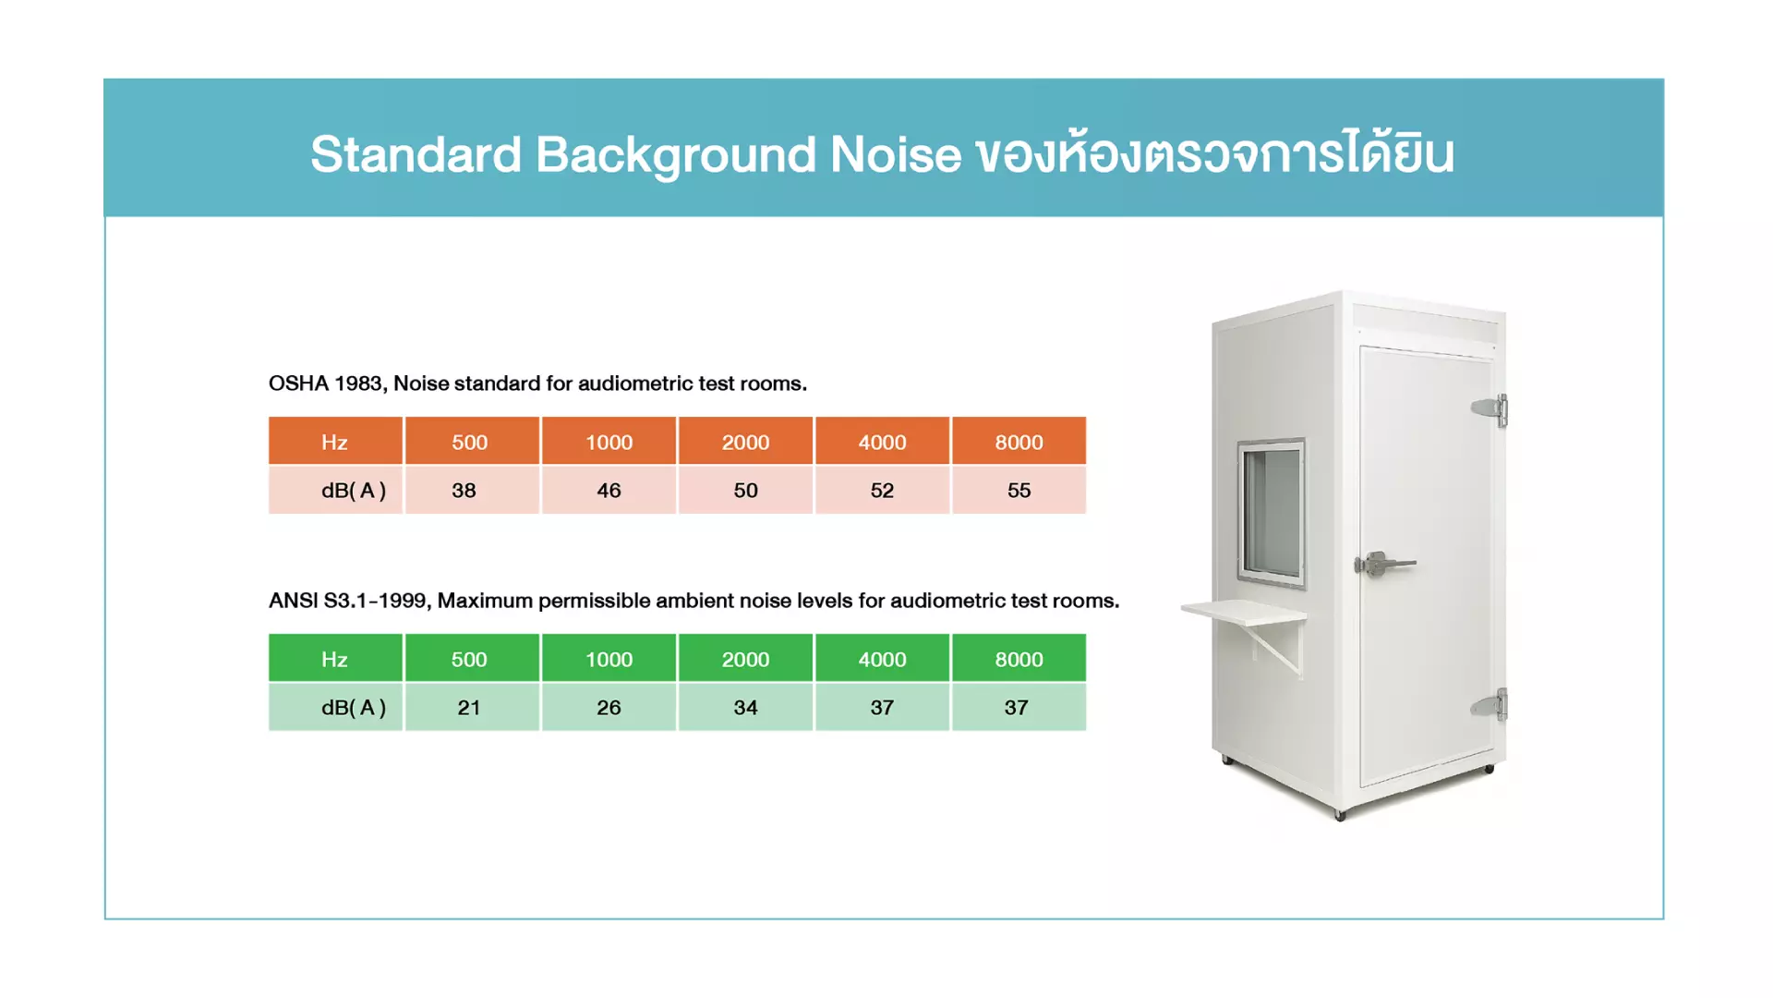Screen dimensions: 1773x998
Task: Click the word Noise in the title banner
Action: [895, 153]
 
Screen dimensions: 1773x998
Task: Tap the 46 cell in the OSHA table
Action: [609, 490]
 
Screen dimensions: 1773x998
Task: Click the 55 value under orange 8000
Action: [1019, 490]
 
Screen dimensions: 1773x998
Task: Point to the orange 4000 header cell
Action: [882, 441]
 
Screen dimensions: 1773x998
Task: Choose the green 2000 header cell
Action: [745, 658]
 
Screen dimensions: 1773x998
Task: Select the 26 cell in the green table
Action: [609, 707]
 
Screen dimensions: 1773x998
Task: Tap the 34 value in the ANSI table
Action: [745, 707]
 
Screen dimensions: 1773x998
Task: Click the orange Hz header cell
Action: [335, 441]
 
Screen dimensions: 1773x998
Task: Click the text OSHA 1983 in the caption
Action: [326, 383]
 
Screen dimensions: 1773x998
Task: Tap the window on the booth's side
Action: [1272, 513]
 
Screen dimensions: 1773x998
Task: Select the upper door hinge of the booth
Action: [1490, 409]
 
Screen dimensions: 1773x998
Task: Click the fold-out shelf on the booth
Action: [1243, 612]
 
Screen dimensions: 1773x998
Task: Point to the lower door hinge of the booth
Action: [1490, 705]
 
